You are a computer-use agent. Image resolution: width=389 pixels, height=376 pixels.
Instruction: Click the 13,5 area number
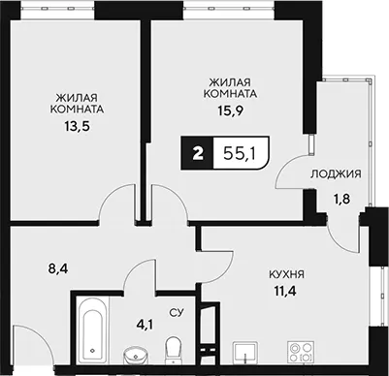(x=77, y=125)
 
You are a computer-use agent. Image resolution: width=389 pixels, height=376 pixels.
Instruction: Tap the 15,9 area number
(x=230, y=110)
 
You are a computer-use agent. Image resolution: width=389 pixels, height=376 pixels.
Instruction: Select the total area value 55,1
(x=240, y=154)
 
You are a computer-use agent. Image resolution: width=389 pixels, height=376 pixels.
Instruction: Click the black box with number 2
(x=197, y=153)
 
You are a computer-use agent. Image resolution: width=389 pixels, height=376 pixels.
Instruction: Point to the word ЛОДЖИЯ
(x=336, y=174)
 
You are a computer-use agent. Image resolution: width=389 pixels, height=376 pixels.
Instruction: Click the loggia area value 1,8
(x=341, y=199)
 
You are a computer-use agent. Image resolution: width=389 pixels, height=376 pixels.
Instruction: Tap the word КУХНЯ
(x=286, y=275)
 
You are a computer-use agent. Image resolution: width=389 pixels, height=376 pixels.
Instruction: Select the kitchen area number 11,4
(x=285, y=292)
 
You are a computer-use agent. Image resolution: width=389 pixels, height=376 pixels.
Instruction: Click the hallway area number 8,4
(x=58, y=268)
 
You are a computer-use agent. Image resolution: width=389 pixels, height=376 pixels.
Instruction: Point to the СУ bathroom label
(x=177, y=312)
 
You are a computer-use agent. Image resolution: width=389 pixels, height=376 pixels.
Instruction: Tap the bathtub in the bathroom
(x=93, y=331)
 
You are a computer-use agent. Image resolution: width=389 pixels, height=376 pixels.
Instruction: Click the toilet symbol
(x=175, y=350)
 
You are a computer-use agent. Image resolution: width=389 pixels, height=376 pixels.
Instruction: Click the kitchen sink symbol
(x=244, y=352)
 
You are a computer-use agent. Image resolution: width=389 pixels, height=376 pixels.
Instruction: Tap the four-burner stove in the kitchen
(x=301, y=352)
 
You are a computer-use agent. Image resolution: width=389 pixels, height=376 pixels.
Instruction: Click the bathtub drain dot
(x=92, y=350)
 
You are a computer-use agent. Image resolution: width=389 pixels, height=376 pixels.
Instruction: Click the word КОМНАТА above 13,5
(x=77, y=110)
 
